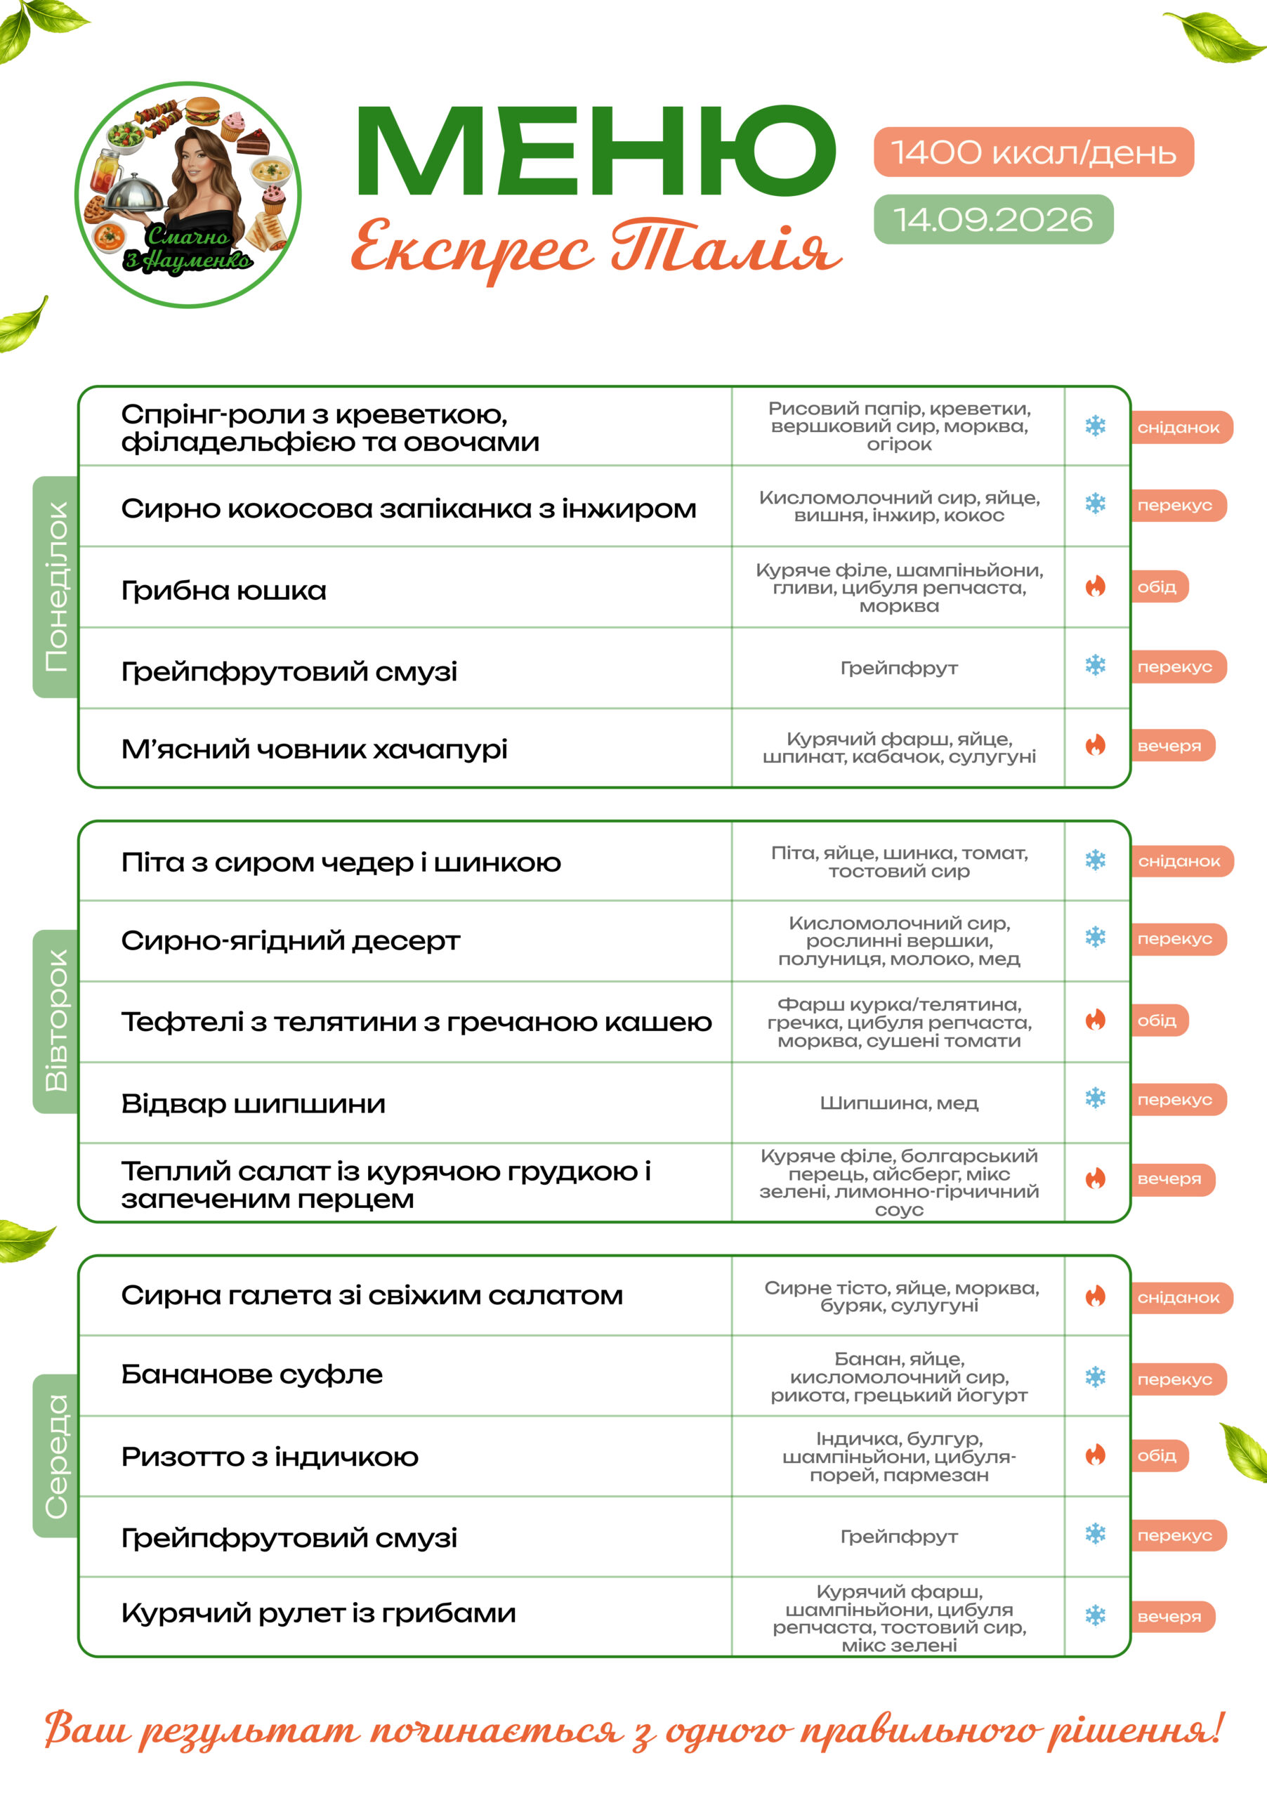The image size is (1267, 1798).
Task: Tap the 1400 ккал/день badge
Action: pos(1033,152)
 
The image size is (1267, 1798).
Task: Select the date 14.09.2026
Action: pos(993,219)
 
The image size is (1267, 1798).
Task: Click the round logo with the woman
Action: pos(188,195)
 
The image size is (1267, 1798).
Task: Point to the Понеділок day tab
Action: pos(55,586)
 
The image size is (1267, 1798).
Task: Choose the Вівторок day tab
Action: pos(55,1021)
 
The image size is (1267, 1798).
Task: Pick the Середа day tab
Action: pos(55,1456)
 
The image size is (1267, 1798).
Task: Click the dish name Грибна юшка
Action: pos(223,591)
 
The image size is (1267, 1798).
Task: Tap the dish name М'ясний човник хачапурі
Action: pos(314,749)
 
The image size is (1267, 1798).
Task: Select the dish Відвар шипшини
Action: pos(253,1104)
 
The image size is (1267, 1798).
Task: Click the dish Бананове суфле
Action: pos(252,1374)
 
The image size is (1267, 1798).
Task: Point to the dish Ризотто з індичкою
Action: pos(270,1457)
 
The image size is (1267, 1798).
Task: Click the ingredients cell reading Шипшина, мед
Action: pos(899,1103)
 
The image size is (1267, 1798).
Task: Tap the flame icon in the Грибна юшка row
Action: pos(1096,586)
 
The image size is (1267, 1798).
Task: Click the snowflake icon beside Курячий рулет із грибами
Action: pos(1096,1616)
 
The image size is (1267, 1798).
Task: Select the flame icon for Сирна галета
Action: pos(1096,1297)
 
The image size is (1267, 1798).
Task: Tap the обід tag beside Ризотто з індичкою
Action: pos(1159,1456)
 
